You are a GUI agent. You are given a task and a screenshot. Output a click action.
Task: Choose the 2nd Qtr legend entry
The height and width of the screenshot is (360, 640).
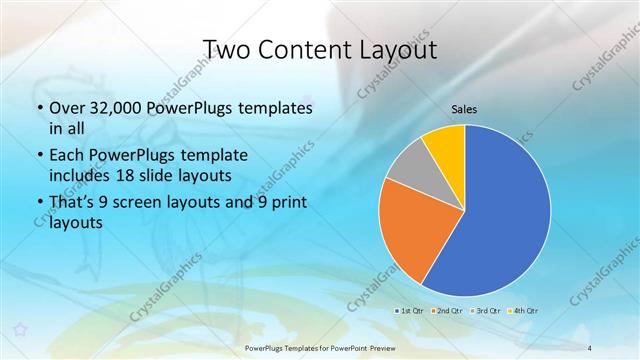447,311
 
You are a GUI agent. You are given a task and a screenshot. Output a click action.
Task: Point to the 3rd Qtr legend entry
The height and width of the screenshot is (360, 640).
485,311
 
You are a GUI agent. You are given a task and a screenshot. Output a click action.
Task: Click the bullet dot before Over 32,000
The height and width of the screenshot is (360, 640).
39,108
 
